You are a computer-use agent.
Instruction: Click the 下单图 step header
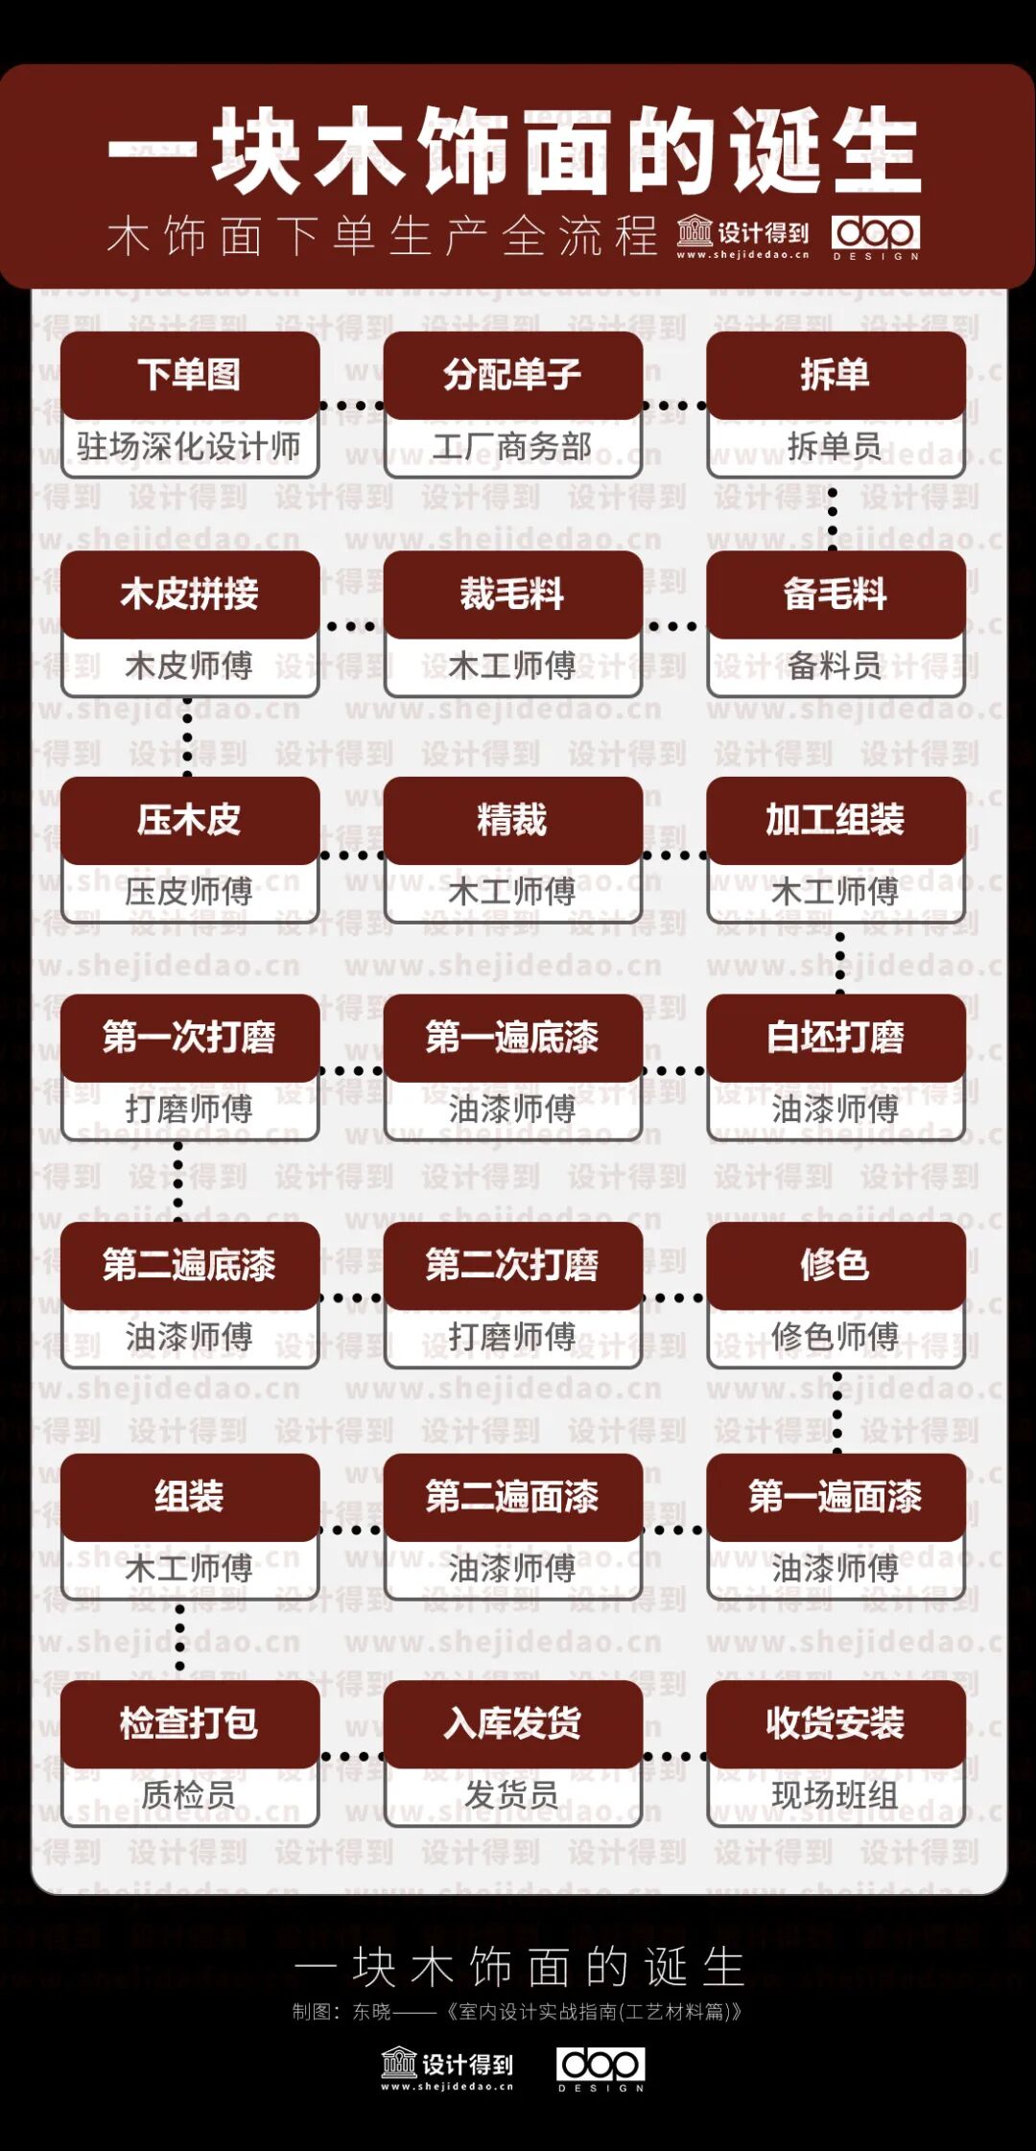(190, 374)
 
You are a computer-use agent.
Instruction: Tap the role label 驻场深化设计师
(189, 446)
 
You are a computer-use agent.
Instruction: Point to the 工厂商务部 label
(512, 446)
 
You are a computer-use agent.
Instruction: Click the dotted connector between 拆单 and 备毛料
(833, 518)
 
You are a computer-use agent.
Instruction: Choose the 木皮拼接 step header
(190, 594)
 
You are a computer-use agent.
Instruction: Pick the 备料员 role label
(835, 666)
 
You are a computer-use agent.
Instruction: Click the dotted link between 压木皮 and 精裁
(351, 854)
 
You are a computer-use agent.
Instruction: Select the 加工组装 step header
(835, 820)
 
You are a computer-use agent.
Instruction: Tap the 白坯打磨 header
(835, 1037)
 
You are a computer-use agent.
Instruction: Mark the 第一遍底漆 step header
(512, 1037)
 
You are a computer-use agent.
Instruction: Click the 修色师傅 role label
(835, 1336)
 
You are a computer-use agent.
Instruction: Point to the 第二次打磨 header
(512, 1265)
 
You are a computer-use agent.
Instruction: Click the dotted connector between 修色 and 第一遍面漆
(837, 1410)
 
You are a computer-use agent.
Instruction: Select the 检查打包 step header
(190, 1722)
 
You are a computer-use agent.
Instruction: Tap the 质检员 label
(189, 1794)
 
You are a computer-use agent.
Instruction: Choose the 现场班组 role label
(835, 1794)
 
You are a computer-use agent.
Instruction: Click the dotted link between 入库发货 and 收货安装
(674, 1757)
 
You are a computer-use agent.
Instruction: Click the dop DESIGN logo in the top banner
(876, 236)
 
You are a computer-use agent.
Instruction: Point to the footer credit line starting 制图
(517, 2011)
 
